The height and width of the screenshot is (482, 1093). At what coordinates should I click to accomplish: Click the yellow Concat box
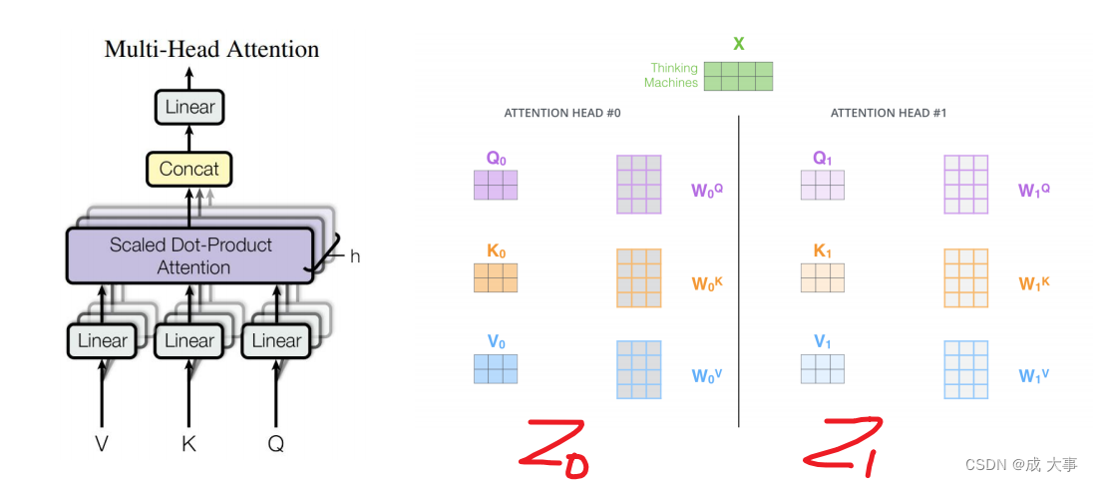coord(189,169)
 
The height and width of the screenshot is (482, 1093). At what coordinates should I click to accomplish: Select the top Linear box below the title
coord(189,107)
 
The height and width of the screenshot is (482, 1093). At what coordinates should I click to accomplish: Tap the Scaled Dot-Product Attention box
coord(189,255)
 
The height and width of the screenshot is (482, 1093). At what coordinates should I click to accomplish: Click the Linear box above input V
coord(102,340)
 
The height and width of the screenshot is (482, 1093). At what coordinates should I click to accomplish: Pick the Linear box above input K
coord(189,340)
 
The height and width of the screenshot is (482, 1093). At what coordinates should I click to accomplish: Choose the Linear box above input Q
coord(276,340)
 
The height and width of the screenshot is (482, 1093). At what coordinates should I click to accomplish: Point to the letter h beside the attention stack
coord(354,255)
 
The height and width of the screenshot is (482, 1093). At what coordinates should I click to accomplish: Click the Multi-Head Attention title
coord(211,49)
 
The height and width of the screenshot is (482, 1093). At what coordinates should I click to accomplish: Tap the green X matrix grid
coord(738,77)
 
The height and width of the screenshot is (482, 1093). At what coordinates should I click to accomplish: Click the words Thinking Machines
coord(671,76)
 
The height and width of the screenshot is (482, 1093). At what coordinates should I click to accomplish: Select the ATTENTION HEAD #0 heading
coord(562,114)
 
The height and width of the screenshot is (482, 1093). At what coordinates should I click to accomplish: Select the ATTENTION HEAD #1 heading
coord(889,114)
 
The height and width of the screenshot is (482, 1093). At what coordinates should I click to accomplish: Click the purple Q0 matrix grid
coord(496,185)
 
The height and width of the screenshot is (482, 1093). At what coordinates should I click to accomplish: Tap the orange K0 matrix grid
coord(496,277)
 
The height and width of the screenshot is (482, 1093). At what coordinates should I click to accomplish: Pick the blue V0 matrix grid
coord(496,368)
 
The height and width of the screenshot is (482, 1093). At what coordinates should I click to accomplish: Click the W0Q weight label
coord(706,189)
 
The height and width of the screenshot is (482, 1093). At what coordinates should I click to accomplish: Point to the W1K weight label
coord(1033,282)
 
